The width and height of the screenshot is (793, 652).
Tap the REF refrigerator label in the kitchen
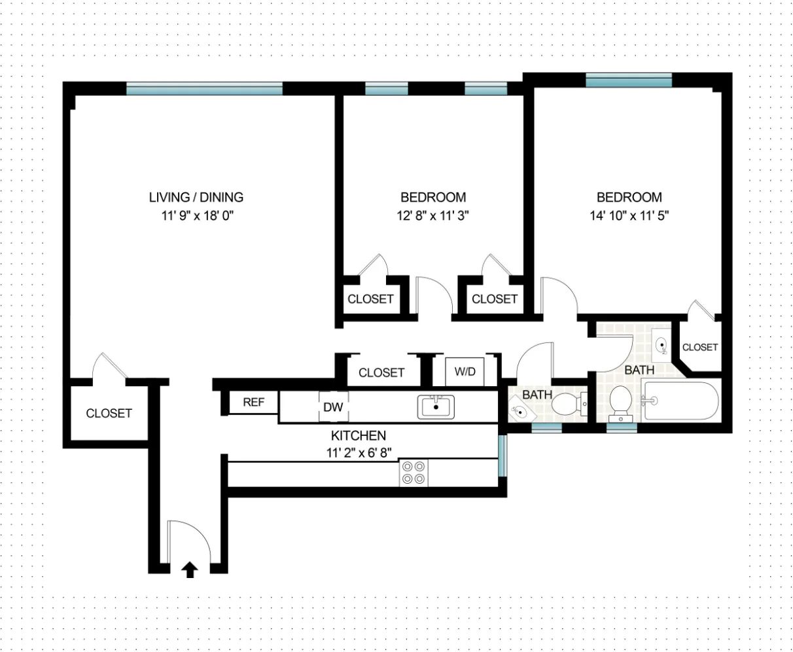click(253, 403)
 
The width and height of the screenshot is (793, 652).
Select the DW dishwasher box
click(333, 407)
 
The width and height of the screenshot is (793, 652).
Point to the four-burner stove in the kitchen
click(414, 473)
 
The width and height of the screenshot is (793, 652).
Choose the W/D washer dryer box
click(465, 372)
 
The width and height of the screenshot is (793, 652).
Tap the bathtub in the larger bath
click(680, 401)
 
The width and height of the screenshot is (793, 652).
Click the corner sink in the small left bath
click(520, 411)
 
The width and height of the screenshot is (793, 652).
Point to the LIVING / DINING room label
click(196, 197)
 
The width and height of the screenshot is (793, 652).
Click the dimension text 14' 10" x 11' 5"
click(629, 215)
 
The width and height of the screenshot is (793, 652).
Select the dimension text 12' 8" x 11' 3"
click(433, 215)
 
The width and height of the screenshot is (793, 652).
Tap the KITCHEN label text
click(358, 435)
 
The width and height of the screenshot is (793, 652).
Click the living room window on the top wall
click(204, 88)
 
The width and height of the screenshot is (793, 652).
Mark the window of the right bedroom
click(629, 81)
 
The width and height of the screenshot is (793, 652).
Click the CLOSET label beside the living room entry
click(109, 413)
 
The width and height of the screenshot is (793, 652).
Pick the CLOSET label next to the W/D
click(381, 372)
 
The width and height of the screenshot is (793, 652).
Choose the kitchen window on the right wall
click(502, 456)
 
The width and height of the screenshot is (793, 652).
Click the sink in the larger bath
click(661, 343)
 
